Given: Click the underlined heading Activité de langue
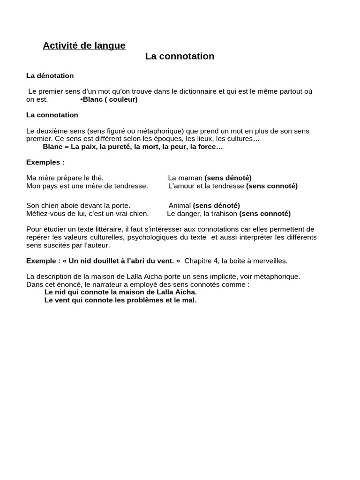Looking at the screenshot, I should pyautogui.click(x=84, y=45).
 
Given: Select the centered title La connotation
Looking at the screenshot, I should pyautogui.click(x=180, y=56).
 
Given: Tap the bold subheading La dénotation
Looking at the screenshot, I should pyautogui.click(x=50, y=75).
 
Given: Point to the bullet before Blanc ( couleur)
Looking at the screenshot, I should pyautogui.click(x=82, y=99).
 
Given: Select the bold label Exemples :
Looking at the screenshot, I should pyautogui.click(x=45, y=162).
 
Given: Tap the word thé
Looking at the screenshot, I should pyautogui.click(x=97, y=178).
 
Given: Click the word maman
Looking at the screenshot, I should pyautogui.click(x=189, y=178).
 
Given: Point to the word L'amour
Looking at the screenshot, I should pyautogui.click(x=180, y=186).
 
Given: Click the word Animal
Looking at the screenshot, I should pyautogui.click(x=180, y=205).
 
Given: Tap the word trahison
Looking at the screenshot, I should pyautogui.click(x=221, y=213).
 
